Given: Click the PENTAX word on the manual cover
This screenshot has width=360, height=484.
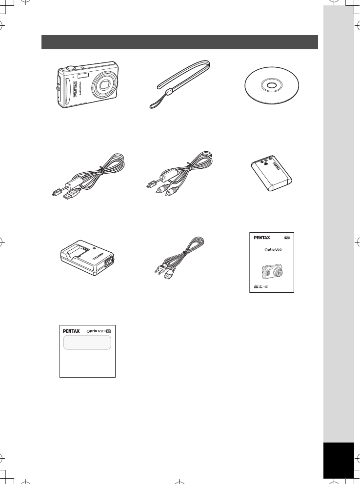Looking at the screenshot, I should point(262,238).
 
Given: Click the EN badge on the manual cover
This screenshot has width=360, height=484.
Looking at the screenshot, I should point(287,238).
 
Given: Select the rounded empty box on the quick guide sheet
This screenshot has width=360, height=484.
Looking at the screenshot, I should point(87,343).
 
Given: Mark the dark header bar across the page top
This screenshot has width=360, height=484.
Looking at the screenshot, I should point(180,42).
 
